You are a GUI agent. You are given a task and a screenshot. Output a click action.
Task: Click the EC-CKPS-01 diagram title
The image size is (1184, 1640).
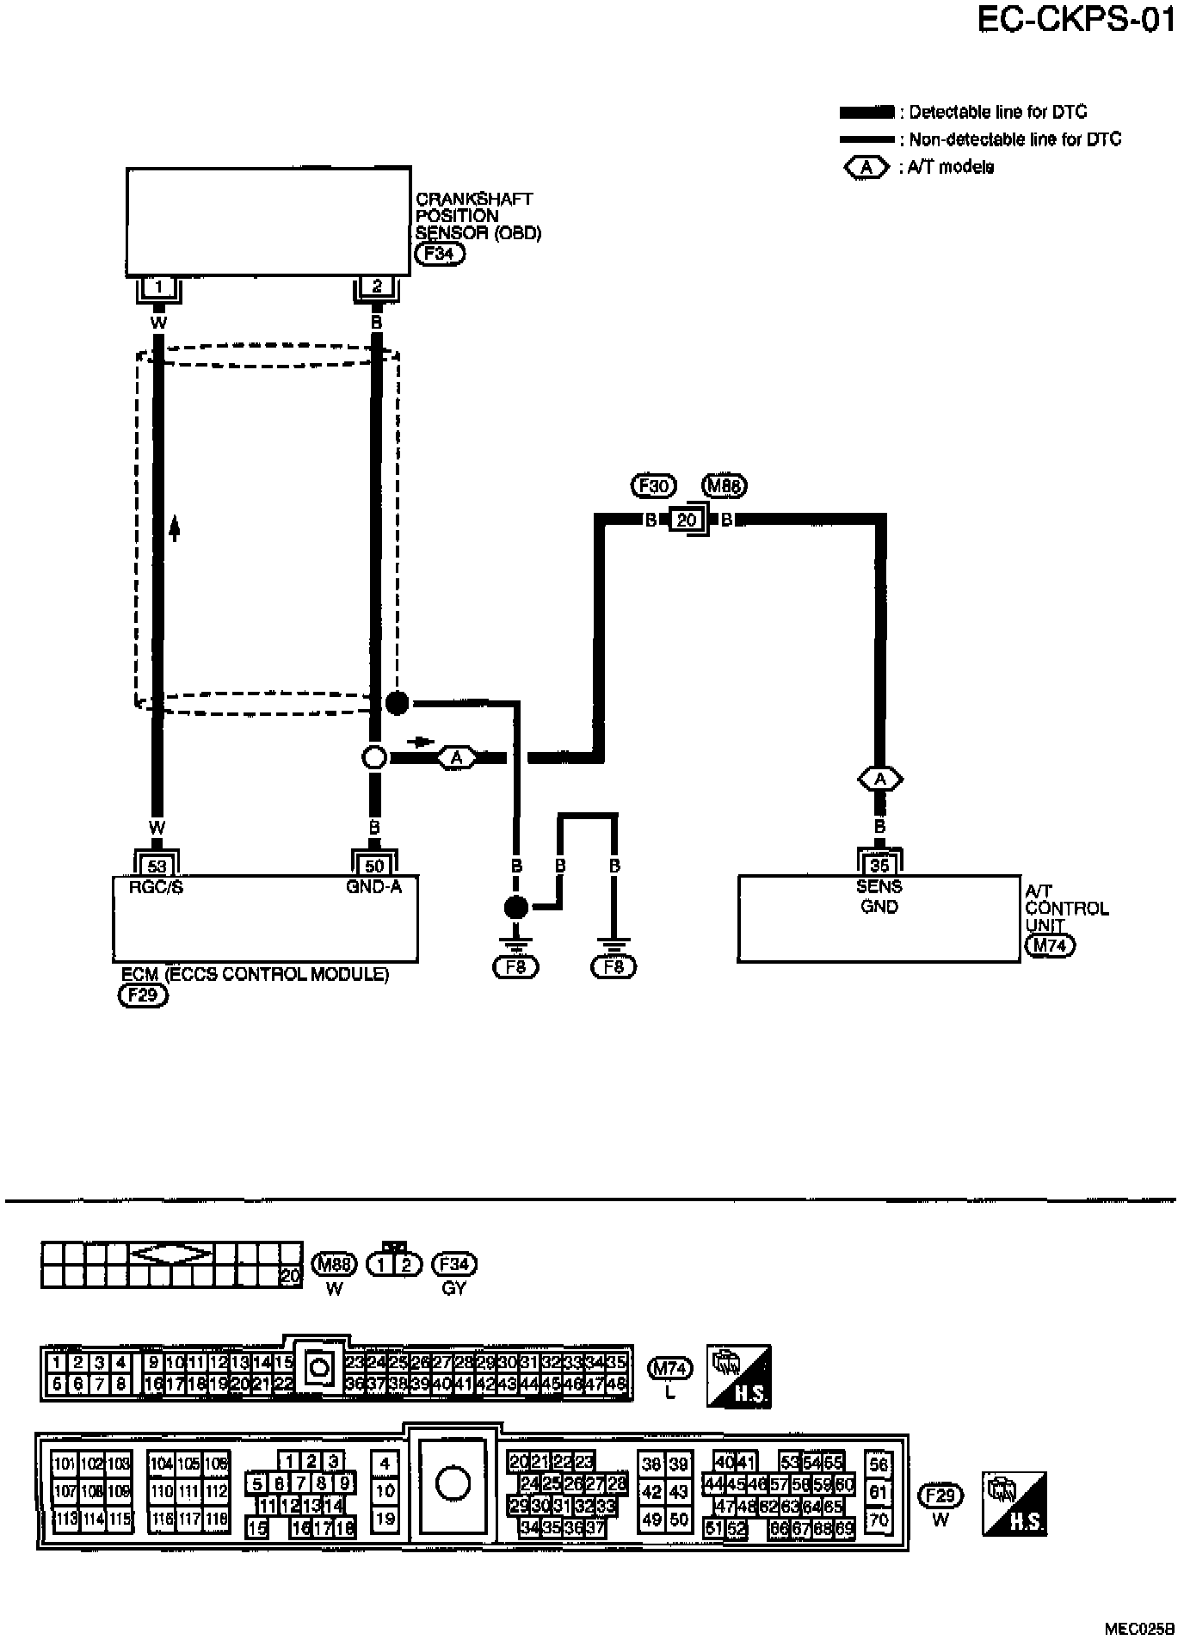(1076, 20)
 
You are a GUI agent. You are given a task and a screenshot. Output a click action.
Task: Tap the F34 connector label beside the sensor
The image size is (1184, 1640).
(439, 254)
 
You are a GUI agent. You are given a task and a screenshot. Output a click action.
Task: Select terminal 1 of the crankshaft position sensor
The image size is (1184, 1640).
(158, 287)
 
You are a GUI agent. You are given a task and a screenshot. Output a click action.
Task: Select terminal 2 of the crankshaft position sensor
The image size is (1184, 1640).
(377, 287)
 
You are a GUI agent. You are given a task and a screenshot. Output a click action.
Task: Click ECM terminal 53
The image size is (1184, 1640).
(157, 866)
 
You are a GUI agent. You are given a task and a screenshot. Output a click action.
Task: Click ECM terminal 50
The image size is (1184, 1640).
(374, 866)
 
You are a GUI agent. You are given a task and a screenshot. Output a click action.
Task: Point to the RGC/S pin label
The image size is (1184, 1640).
(157, 887)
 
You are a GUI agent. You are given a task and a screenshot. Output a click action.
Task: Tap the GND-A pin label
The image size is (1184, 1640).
(374, 887)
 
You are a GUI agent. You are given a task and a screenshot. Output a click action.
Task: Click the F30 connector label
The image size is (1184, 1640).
(653, 486)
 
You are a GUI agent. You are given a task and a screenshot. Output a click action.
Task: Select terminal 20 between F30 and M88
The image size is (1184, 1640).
(686, 520)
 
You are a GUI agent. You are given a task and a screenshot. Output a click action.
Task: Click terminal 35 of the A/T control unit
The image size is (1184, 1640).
(879, 866)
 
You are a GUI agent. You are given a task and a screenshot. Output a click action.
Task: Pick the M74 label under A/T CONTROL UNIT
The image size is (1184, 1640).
(1050, 946)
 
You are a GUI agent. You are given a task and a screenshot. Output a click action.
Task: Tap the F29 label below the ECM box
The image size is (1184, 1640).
(142, 996)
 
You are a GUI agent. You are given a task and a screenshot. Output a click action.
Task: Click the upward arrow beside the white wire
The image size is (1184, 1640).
(175, 527)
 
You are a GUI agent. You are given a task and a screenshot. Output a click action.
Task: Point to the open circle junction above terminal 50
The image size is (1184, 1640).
(374, 757)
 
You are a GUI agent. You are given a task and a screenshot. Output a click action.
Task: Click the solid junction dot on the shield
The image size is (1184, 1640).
(397, 703)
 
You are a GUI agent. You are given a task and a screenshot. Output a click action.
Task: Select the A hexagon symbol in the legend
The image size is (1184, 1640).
(867, 167)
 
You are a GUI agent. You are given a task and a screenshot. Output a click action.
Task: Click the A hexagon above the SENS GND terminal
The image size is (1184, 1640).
(879, 780)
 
